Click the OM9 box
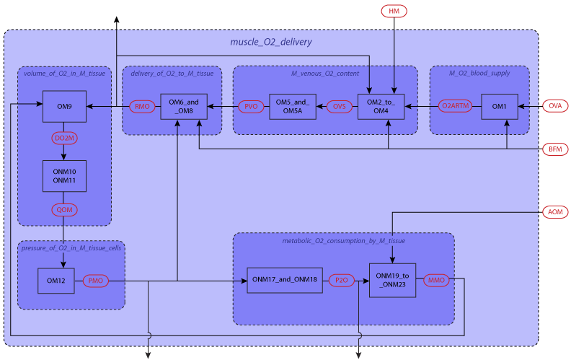pos(64,107)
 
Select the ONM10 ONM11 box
pos(64,176)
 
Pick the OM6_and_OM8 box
pos(183,107)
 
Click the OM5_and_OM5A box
pos(293,107)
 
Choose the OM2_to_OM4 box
pos(381,107)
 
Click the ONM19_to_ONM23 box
pos(393,280)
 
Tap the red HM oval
pos(394,12)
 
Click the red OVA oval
pos(554,106)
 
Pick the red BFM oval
pos(554,149)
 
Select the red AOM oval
pos(554,212)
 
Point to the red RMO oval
pos(142,107)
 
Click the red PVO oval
pos(251,107)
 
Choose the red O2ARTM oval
pos(456,107)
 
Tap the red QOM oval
pos(63,210)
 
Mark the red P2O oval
pos(340,279)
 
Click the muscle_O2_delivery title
pos(270,42)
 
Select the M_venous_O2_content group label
pos(324,74)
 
